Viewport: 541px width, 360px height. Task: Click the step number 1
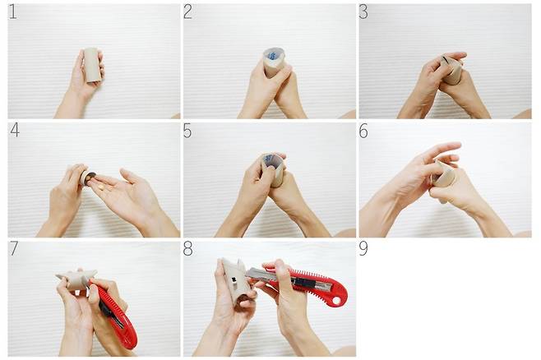(12, 12)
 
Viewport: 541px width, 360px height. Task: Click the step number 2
(187, 12)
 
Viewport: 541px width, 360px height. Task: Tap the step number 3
(363, 12)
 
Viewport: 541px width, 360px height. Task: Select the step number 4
(15, 131)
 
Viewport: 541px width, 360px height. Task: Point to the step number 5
(187, 131)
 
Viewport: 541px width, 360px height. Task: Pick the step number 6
(363, 131)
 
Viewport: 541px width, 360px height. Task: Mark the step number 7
(13, 248)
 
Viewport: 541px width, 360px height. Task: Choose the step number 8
(187, 248)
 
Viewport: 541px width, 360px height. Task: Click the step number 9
(363, 248)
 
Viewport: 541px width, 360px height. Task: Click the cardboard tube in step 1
(92, 65)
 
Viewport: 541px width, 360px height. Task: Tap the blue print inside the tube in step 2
(273, 56)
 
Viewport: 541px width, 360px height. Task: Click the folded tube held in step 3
(451, 70)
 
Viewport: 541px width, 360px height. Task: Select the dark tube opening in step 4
(91, 177)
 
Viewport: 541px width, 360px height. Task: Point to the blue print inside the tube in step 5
(269, 159)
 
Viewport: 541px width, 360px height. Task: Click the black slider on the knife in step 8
(303, 284)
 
